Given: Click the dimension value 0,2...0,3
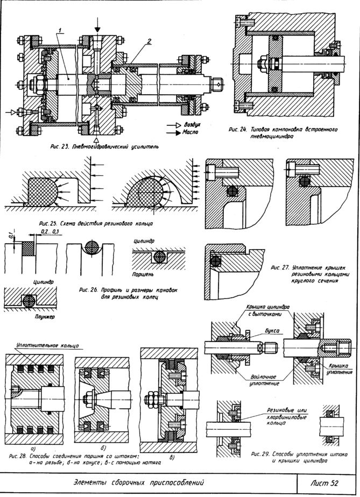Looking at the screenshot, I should pyautogui.click(x=50, y=232).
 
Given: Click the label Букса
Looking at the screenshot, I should pyautogui.click(x=271, y=331).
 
